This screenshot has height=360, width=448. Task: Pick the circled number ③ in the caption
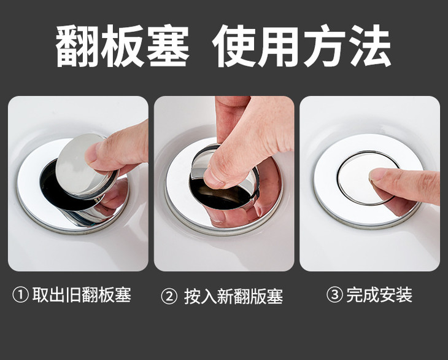coord(334,295)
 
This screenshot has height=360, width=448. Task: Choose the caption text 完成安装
coord(379,295)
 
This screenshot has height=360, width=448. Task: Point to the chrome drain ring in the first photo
coord(31,203)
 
